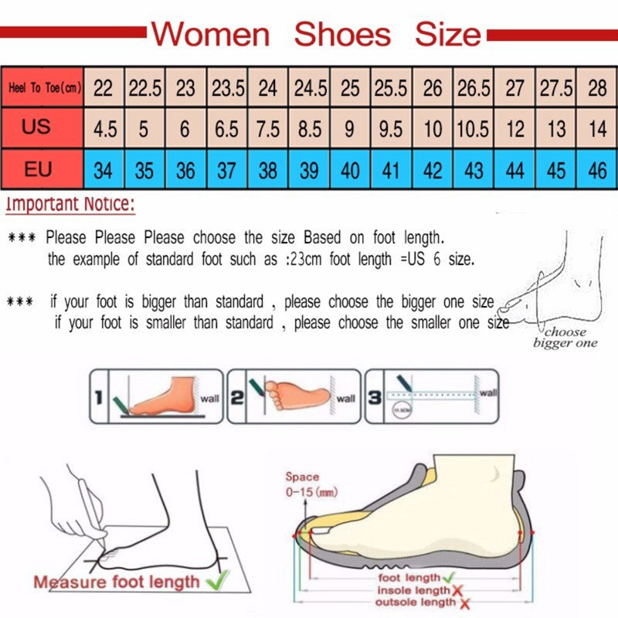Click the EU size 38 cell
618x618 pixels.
(x=267, y=169)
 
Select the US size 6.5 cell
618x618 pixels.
(x=226, y=128)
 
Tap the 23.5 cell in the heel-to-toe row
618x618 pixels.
(x=226, y=88)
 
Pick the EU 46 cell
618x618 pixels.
(x=597, y=169)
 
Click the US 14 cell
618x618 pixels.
(x=597, y=128)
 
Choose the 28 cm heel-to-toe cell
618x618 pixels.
(x=597, y=88)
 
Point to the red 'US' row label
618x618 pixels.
(x=37, y=127)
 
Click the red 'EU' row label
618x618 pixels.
(x=37, y=168)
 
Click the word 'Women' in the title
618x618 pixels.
(x=210, y=35)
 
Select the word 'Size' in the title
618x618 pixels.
(x=448, y=35)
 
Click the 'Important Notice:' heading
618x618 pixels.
(x=70, y=205)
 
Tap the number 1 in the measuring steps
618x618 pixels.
(x=99, y=398)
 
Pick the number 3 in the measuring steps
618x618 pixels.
(x=375, y=396)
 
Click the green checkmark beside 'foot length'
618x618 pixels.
(x=449, y=577)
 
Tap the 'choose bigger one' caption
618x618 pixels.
(x=565, y=338)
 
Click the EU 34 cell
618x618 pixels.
(x=103, y=169)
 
